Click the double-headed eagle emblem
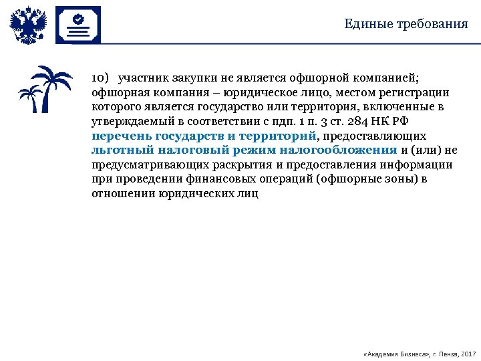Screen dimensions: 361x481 tap(28, 25)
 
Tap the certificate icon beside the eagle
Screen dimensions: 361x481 tap(77, 25)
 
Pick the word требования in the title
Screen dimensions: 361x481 tap(433, 25)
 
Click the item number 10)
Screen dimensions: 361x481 tap(101, 77)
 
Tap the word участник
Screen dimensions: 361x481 tap(147, 77)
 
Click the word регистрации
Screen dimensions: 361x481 tap(418, 92)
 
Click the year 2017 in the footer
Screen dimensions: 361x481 tap(468, 353)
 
